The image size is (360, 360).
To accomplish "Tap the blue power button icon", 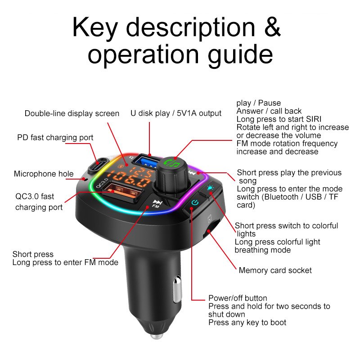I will coord(194,203).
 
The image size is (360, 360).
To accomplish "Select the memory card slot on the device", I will coord(213,228).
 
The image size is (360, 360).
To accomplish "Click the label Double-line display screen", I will coord(72,113).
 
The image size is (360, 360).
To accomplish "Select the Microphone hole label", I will coord(44,174).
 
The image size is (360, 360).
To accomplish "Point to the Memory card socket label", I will coord(275,270).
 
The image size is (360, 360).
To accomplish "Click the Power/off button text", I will coord(238,298).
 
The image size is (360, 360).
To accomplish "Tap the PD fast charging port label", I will coord(55,137).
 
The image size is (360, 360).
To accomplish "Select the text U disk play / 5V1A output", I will coord(175,113).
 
